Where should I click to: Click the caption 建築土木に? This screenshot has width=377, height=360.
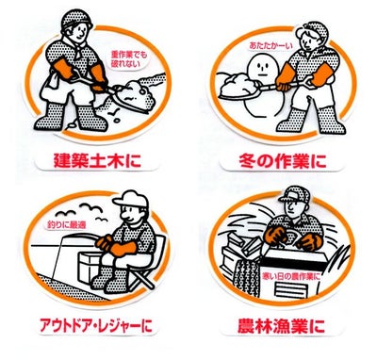click(x=97, y=160)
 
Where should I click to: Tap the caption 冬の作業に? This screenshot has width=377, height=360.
click(x=282, y=160)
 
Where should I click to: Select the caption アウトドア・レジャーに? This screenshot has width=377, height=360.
click(x=96, y=325)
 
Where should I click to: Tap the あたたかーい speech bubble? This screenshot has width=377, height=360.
click(x=270, y=45)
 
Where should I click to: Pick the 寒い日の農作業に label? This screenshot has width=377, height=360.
click(x=292, y=276)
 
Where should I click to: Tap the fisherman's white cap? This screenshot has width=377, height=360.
click(x=131, y=200)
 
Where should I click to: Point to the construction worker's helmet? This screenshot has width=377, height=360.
click(x=76, y=19)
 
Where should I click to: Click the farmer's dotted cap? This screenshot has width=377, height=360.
click(x=294, y=194)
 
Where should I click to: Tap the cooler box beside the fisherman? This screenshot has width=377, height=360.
click(x=90, y=268)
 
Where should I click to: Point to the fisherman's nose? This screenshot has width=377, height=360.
click(x=124, y=217)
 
